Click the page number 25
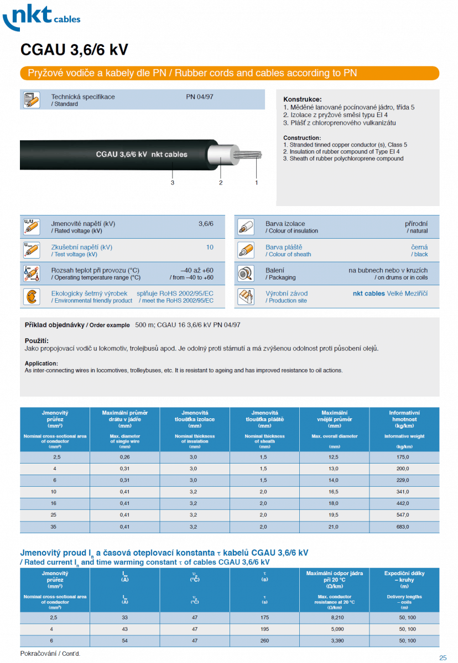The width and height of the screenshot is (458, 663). pos(443,657)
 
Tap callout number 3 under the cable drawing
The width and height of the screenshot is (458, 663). pos(173,182)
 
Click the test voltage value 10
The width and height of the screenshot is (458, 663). pos(210,248)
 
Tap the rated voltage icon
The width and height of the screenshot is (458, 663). pos(31,227)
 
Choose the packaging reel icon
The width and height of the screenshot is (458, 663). pos(246,273)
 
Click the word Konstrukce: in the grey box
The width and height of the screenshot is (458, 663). pos(302,99)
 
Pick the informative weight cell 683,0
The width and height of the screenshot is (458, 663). pos(404,527)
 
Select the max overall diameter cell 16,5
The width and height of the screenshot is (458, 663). pos(334,492)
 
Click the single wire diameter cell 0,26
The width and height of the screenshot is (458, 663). pos(125,457)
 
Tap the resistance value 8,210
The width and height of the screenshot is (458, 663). pos(334,617)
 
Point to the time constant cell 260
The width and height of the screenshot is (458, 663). pos(264,640)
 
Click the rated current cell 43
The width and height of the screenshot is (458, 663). pos(125,629)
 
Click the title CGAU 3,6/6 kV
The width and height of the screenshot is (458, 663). pos(74,50)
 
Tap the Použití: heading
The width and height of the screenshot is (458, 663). pos(37,341)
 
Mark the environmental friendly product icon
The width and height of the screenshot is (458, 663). pos(31,297)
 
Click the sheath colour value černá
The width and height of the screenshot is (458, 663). pos(419,247)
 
